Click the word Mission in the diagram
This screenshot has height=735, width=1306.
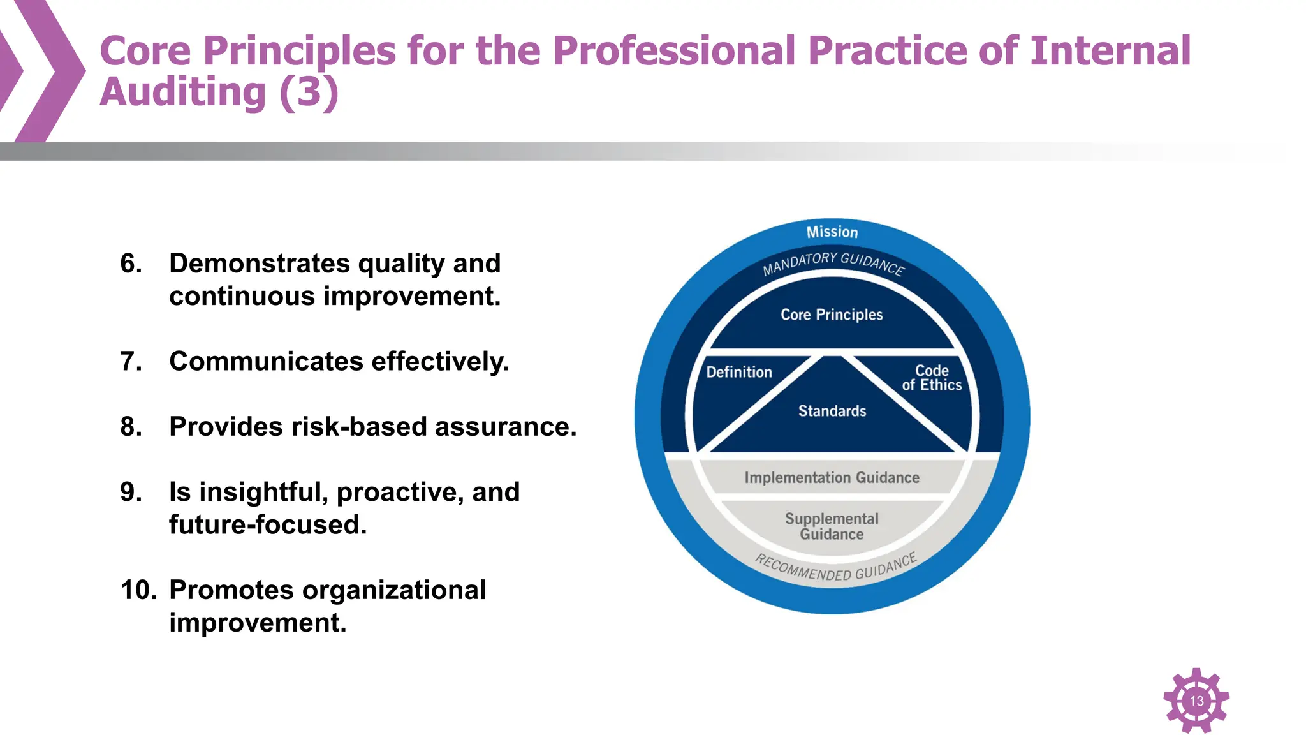832,232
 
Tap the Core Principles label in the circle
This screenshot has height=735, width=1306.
832,315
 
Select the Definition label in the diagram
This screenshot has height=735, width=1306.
738,372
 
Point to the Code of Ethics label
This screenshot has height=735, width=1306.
932,378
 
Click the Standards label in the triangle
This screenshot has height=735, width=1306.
832,411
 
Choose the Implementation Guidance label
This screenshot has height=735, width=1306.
832,477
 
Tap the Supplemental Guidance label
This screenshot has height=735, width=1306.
832,526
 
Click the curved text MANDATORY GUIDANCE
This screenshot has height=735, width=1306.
833,262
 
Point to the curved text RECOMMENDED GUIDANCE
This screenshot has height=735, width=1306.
835,568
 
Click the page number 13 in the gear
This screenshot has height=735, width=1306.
1196,701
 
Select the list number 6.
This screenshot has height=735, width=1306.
131,264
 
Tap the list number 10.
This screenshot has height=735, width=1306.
138,590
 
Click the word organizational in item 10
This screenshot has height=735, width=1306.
393,590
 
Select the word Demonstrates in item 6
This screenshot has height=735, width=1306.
259,264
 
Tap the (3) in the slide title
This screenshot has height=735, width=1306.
309,92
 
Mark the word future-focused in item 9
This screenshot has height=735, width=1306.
267,525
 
